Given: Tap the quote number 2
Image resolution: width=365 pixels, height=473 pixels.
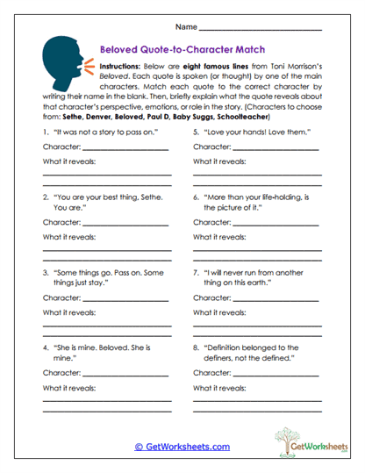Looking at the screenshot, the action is pos(46,197).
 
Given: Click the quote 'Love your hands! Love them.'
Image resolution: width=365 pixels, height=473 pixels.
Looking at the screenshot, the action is pos(245,132).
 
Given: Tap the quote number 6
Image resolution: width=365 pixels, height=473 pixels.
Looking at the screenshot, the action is pos(197,197).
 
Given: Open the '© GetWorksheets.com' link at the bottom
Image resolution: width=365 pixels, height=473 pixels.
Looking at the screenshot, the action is pos(182,446).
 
